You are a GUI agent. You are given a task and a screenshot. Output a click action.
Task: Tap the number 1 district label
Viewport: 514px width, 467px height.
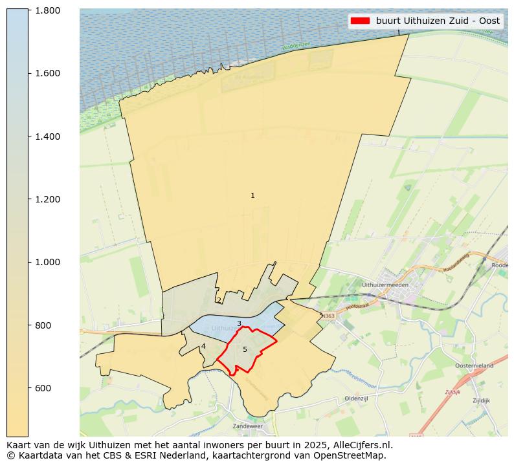pyautogui.click(x=252, y=195)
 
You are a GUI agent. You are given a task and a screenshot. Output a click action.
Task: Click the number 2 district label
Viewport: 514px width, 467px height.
pyautogui.click(x=219, y=300)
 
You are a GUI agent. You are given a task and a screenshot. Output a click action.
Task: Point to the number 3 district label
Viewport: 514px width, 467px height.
pyautogui.click(x=239, y=323)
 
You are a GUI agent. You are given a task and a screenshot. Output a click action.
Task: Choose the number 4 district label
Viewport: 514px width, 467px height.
pyautogui.click(x=203, y=346)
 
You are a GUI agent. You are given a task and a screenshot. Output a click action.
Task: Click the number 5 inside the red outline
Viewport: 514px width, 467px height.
pyautogui.click(x=245, y=349)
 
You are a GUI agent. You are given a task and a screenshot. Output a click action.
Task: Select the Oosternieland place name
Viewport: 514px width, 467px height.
pyautogui.click(x=475, y=366)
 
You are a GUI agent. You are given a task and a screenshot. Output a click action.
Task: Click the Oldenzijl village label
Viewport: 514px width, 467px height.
pyautogui.click(x=356, y=398)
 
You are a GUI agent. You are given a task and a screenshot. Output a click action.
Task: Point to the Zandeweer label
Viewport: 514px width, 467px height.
pyautogui.click(x=249, y=427)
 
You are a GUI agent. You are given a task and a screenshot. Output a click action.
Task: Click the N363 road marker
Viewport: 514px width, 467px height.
pyautogui.click(x=329, y=316)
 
